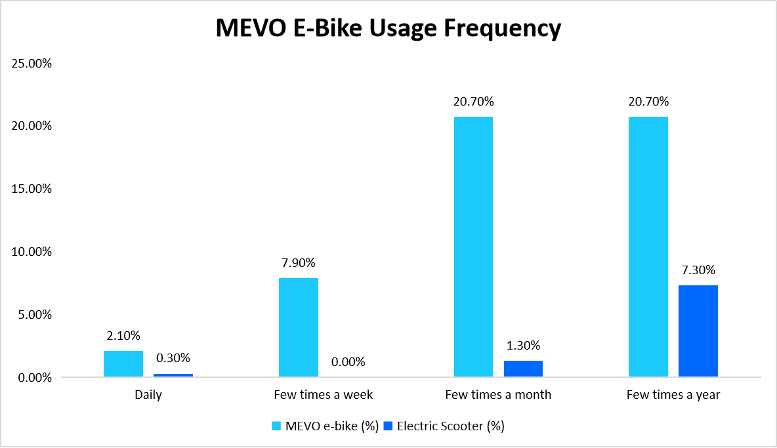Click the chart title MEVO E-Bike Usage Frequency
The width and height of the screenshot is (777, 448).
coord(388,28)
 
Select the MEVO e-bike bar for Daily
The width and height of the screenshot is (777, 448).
coord(123,364)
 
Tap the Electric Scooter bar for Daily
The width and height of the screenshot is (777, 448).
coord(173,375)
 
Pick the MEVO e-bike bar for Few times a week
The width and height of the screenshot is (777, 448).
coord(299,327)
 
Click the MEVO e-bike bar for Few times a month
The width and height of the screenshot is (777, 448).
coord(473,247)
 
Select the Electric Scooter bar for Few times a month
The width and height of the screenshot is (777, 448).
coord(523,369)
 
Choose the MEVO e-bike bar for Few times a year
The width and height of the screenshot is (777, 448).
coord(648,247)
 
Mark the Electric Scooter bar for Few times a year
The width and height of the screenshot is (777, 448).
coord(698,331)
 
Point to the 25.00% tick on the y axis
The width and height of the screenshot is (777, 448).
coord(31,64)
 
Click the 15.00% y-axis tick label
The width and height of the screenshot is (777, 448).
coord(31,189)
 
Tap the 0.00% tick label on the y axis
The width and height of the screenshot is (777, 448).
coord(33,378)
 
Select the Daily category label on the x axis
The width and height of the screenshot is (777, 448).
coord(148,395)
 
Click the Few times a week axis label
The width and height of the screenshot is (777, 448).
coord(323,395)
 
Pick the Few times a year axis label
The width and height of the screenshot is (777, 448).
coord(673,395)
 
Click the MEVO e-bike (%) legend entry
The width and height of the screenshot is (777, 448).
coord(325,426)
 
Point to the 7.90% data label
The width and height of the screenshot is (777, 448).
coord(299,263)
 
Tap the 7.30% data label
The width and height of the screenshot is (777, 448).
coord(698,270)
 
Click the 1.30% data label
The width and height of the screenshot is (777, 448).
coord(523,346)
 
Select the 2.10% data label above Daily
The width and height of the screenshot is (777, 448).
coord(123,336)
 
